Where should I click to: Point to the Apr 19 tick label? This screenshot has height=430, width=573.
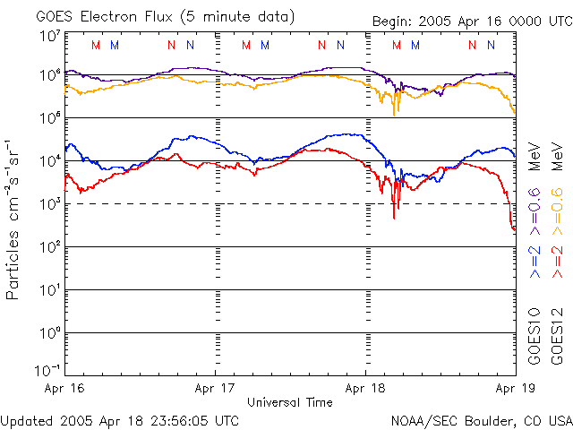point(512,388)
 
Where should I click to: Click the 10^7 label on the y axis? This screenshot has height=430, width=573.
point(49,36)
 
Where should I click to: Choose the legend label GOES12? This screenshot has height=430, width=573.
point(556,336)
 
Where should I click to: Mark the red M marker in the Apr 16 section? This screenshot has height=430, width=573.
point(96,45)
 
